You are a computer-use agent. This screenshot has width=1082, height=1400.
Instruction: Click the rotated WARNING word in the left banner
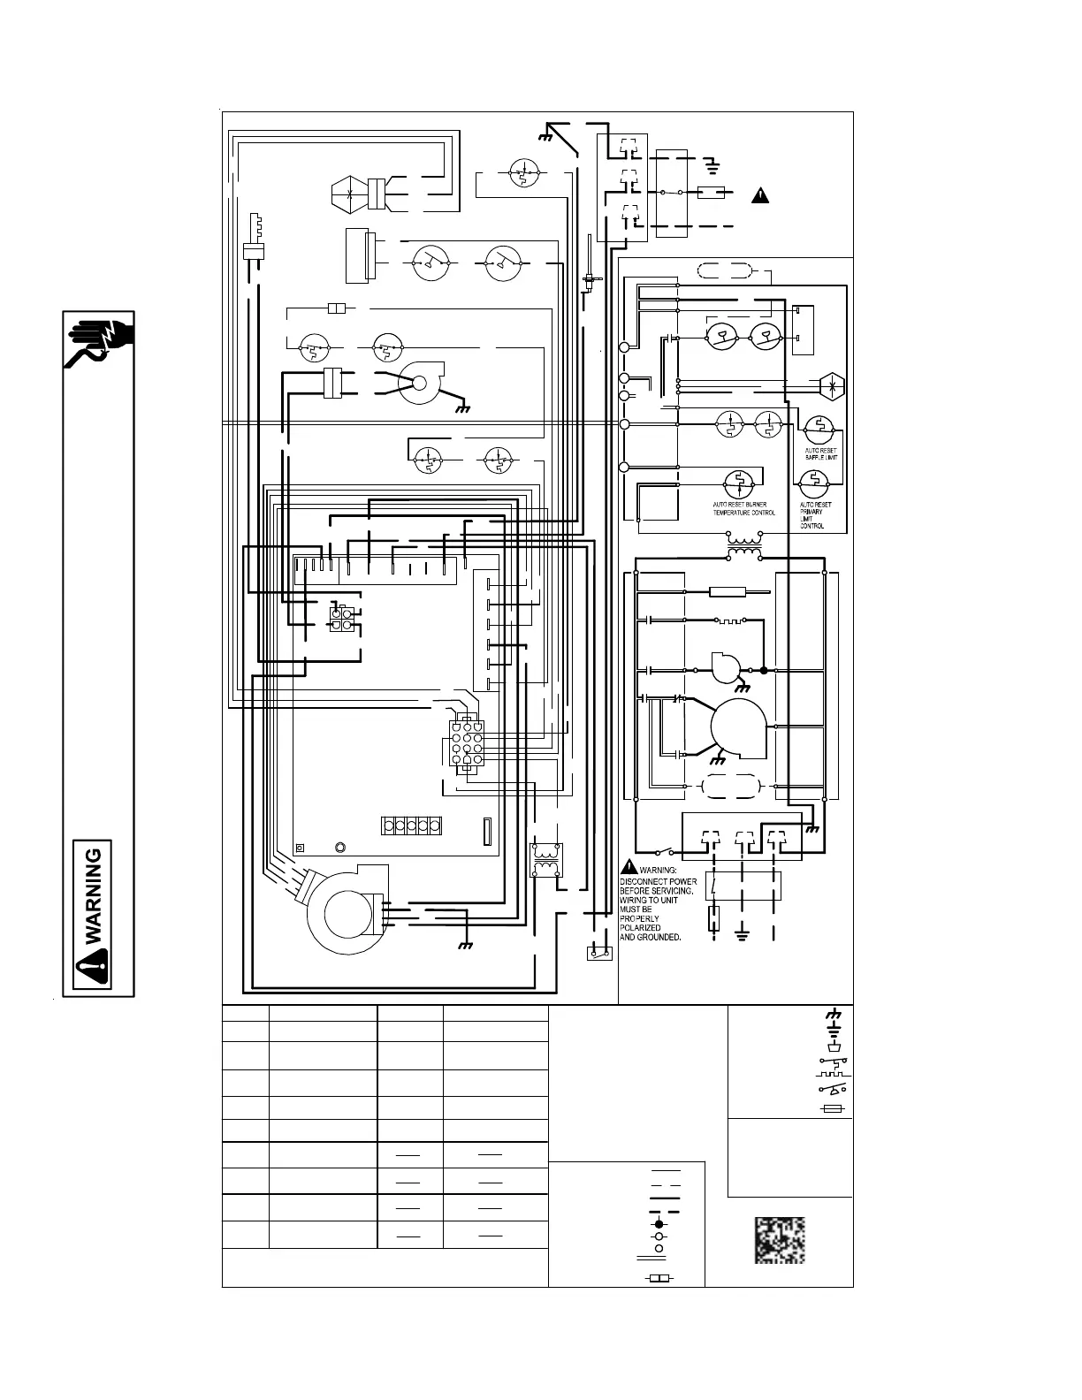(x=96, y=893)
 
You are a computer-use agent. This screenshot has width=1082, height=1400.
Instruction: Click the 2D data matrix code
(x=779, y=1240)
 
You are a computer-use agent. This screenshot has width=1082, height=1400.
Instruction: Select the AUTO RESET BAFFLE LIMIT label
(x=820, y=454)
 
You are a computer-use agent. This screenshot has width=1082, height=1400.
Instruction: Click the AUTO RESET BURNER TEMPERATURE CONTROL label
(x=744, y=509)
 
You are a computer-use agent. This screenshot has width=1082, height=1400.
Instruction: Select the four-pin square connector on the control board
(x=341, y=619)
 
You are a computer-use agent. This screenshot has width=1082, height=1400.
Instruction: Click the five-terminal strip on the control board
(x=411, y=826)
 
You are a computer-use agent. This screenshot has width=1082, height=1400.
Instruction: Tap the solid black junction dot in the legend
(x=658, y=1224)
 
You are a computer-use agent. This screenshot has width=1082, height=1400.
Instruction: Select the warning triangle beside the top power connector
(x=760, y=195)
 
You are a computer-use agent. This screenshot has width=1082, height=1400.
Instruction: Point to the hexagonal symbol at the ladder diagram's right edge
(x=833, y=384)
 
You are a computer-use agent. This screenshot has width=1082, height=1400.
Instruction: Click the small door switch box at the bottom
(x=600, y=954)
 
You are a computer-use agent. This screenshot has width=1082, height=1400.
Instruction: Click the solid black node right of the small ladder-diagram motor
(x=764, y=671)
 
